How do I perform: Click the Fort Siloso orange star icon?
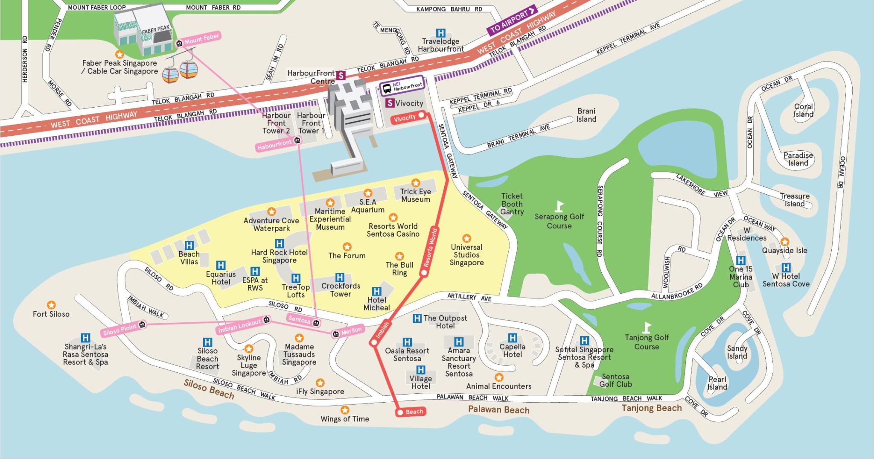click(x=51, y=305)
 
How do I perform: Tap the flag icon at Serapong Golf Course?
click(x=559, y=206)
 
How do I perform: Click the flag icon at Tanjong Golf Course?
click(x=647, y=327)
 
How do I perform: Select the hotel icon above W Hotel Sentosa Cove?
click(x=786, y=267)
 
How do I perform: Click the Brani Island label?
click(x=586, y=115)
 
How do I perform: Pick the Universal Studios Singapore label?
click(x=466, y=255)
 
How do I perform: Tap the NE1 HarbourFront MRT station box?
click(x=402, y=87)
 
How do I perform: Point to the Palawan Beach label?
click(x=498, y=410)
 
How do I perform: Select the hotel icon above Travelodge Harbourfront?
click(x=440, y=33)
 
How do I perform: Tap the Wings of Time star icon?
click(x=345, y=410)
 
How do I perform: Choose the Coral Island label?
click(x=803, y=111)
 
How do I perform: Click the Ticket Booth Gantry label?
click(x=512, y=204)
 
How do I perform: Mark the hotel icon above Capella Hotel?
click(x=513, y=338)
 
